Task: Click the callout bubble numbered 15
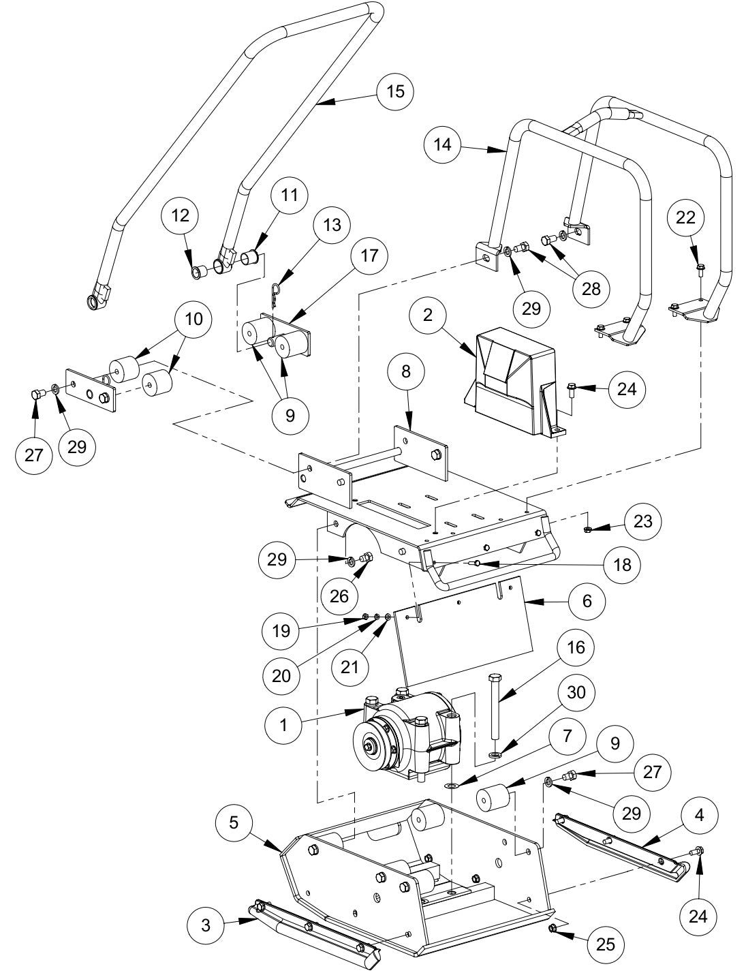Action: [x=395, y=90]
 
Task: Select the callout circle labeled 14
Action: [x=442, y=145]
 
